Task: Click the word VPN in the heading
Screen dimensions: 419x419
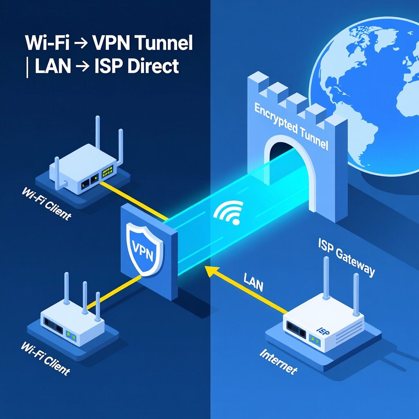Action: (109, 44)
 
